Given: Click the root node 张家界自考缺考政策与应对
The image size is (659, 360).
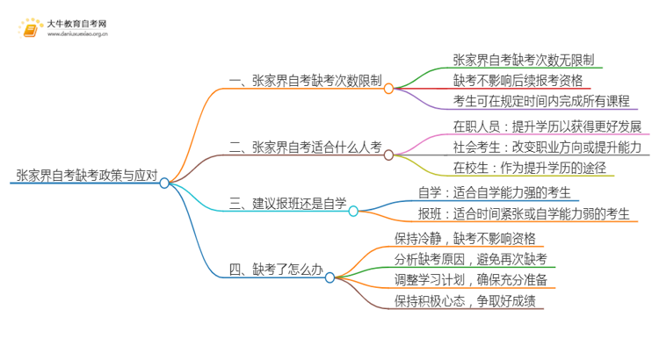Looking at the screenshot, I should tap(86, 175).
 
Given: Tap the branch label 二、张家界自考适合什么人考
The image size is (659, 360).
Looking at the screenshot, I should tap(304, 147).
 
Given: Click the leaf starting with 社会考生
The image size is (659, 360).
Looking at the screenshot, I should tap(547, 146).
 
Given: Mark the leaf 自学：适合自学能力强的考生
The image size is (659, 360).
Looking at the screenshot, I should tap(499, 192).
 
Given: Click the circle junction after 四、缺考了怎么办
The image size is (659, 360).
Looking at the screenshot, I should tap(329, 277).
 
